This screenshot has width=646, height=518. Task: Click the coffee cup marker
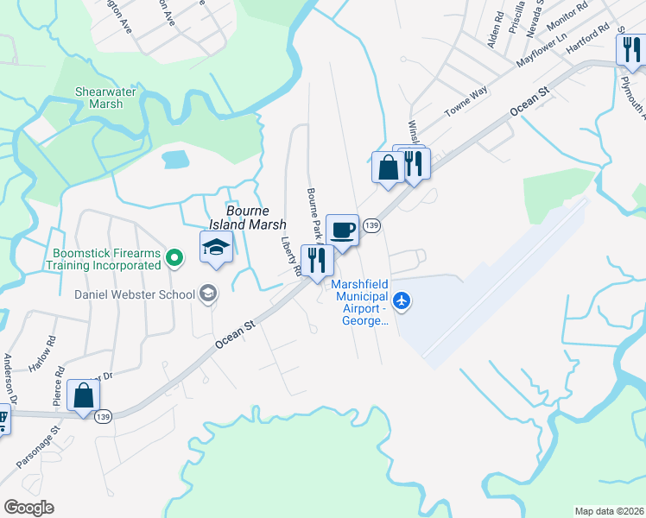[342, 231]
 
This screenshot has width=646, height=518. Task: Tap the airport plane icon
[401, 301]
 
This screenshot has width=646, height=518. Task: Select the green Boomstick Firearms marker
[174, 256]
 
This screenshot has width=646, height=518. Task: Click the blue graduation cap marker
[215, 248]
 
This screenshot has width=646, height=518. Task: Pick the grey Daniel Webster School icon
[207, 294]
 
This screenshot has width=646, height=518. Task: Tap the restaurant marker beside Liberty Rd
[316, 260]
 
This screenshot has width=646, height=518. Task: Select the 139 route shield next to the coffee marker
[371, 225]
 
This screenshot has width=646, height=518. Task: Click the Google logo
[28, 508]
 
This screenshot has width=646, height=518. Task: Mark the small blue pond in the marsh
[175, 159]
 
